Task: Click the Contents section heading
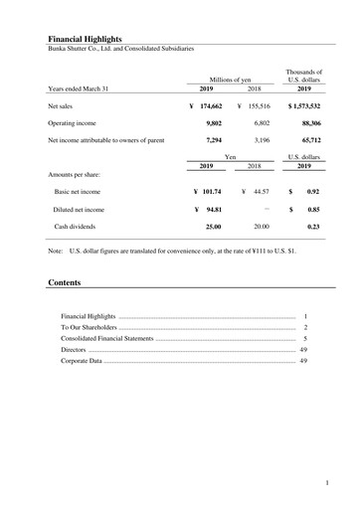[66, 283]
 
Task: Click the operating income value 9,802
[210, 122]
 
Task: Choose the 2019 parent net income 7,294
[210, 140]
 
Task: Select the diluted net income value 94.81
[213, 210]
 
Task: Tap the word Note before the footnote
[57, 253]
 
